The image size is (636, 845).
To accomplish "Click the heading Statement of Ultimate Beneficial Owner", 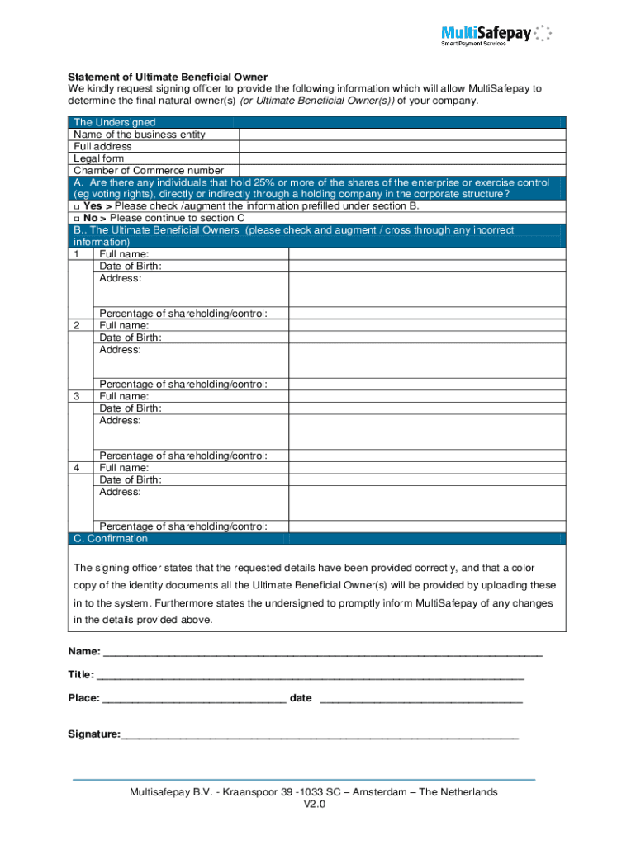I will (168, 77).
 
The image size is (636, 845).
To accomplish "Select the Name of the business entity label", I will (140, 135).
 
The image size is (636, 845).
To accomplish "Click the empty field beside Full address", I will (401, 146).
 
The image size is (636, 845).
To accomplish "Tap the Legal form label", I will (98, 158).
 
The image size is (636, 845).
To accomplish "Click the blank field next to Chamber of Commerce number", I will (401, 170).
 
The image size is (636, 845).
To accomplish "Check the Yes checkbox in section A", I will (76, 206).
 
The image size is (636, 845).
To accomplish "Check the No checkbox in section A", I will (76, 219).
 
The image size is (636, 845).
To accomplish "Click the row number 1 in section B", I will (78, 255).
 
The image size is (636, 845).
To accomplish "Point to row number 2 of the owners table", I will (78, 326).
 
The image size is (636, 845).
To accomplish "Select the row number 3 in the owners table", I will (78, 397).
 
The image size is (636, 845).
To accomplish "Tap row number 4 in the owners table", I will (78, 468).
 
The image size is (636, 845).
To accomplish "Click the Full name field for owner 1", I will (426, 255).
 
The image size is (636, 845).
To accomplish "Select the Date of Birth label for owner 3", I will (131, 408).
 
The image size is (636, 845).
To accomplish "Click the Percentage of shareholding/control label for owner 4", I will (183, 526).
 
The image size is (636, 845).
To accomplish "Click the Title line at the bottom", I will (310, 675).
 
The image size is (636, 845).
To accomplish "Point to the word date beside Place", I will (301, 698).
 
